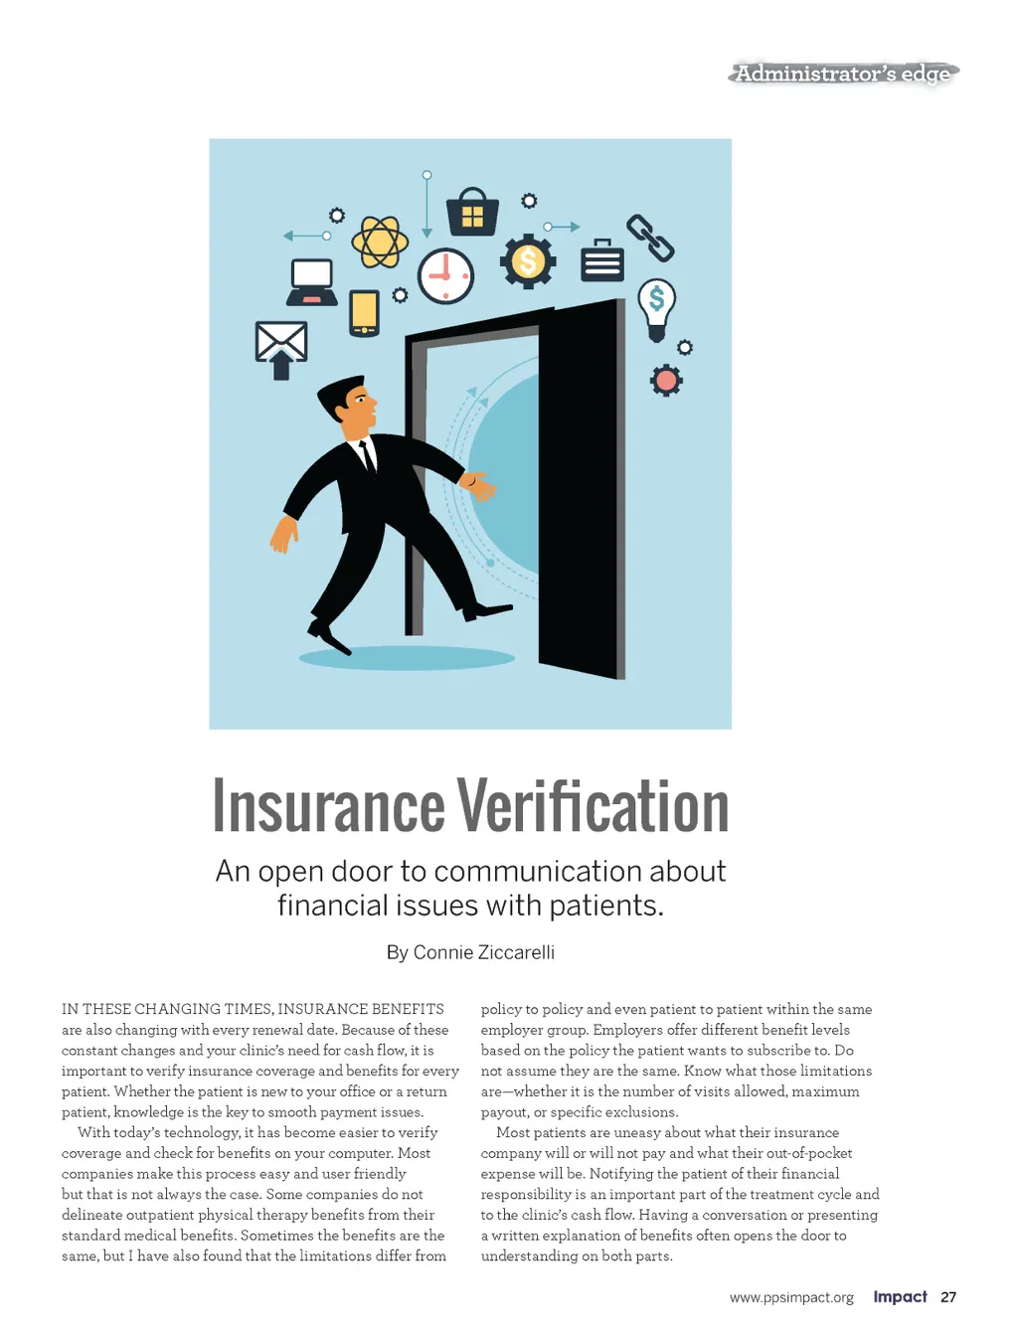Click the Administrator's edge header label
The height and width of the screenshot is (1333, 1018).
coord(843,74)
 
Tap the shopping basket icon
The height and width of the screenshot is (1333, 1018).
coord(472,212)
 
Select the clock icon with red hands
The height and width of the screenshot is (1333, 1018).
coord(445,275)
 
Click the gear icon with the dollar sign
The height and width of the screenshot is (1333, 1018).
coord(528,262)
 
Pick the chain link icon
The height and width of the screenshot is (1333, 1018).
coord(650,239)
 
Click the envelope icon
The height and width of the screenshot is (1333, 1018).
coord(281,342)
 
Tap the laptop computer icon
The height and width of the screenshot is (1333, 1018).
coord(312,282)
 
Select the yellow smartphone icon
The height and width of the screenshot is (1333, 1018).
coord(365,313)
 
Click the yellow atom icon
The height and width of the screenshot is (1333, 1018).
coord(380,242)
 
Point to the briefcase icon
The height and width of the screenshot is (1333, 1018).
coord(602,260)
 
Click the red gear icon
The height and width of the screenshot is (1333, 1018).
coord(666,380)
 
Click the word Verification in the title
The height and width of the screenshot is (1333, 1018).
coord(593,806)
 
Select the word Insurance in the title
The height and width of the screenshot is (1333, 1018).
coord(329,806)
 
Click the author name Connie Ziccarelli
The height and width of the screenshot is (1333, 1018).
coord(484,952)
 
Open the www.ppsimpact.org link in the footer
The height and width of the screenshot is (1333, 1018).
coord(791,1297)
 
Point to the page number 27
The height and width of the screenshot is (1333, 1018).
coord(948,1297)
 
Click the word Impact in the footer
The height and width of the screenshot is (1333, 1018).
coord(900,1296)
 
